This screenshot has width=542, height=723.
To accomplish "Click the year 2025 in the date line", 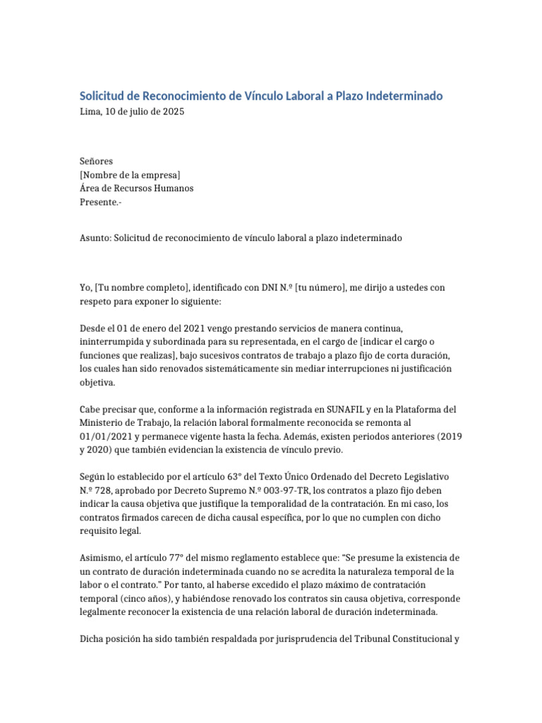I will pyautogui.click(x=173, y=112).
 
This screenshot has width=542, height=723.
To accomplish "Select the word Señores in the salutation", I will pyautogui.click(x=96, y=161).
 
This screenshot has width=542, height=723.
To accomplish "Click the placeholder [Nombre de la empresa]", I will pyautogui.click(x=130, y=175).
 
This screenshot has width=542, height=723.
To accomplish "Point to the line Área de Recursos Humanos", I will pyautogui.click(x=136, y=189).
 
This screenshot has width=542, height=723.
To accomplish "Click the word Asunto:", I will pyautogui.click(x=95, y=238).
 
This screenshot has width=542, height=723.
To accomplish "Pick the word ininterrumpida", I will pyautogui.click(x=112, y=342).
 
